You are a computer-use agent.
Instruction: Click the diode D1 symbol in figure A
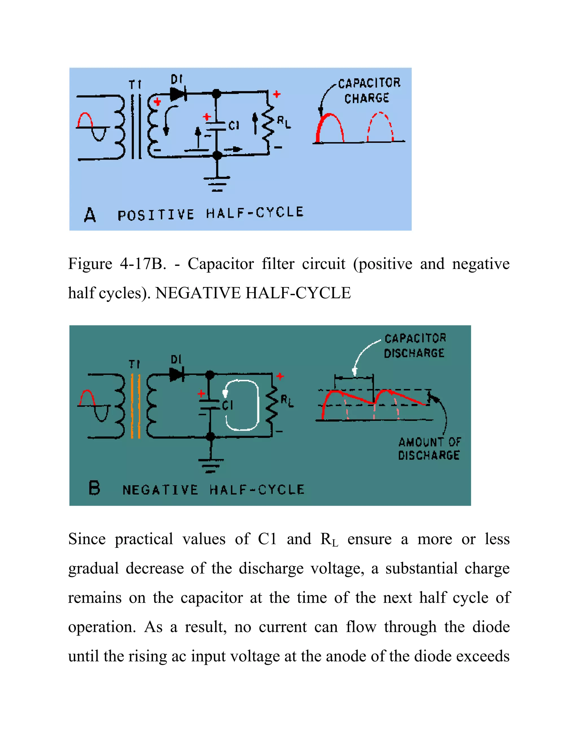coord(178,93)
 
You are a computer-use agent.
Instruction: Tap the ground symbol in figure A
coord(217,183)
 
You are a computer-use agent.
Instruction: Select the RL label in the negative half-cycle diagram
coord(287,401)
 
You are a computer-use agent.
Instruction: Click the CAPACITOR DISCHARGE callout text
coord(415,346)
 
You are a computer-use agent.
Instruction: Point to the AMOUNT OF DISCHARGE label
coord(429,449)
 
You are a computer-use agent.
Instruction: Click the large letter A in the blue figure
coord(90,215)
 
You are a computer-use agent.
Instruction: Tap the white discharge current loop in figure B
coord(242,405)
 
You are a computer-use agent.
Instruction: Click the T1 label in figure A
coord(135,85)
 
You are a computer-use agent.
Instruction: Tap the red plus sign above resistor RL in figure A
coord(277,94)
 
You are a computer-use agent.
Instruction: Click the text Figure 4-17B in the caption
coord(117,264)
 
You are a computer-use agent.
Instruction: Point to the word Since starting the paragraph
coord(87,539)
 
